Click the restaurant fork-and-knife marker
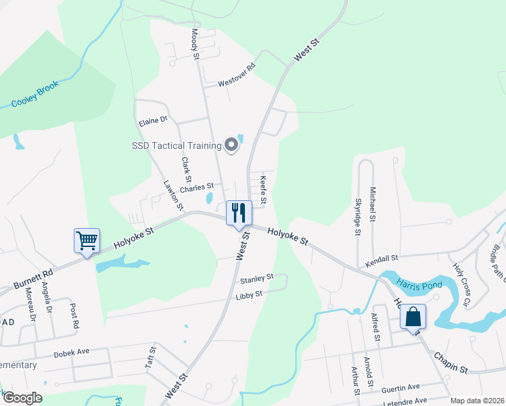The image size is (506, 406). point(238,212)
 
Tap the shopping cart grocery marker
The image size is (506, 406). point(87,240)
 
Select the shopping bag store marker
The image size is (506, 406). point(412,317)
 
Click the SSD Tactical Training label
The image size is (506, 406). point(177,145)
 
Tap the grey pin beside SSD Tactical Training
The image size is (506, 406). point(232,145)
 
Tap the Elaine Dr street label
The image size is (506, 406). point(152,122)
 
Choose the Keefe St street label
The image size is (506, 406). point(263,190)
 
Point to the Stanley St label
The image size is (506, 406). point(256,277)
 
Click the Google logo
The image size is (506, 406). point(22,398)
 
